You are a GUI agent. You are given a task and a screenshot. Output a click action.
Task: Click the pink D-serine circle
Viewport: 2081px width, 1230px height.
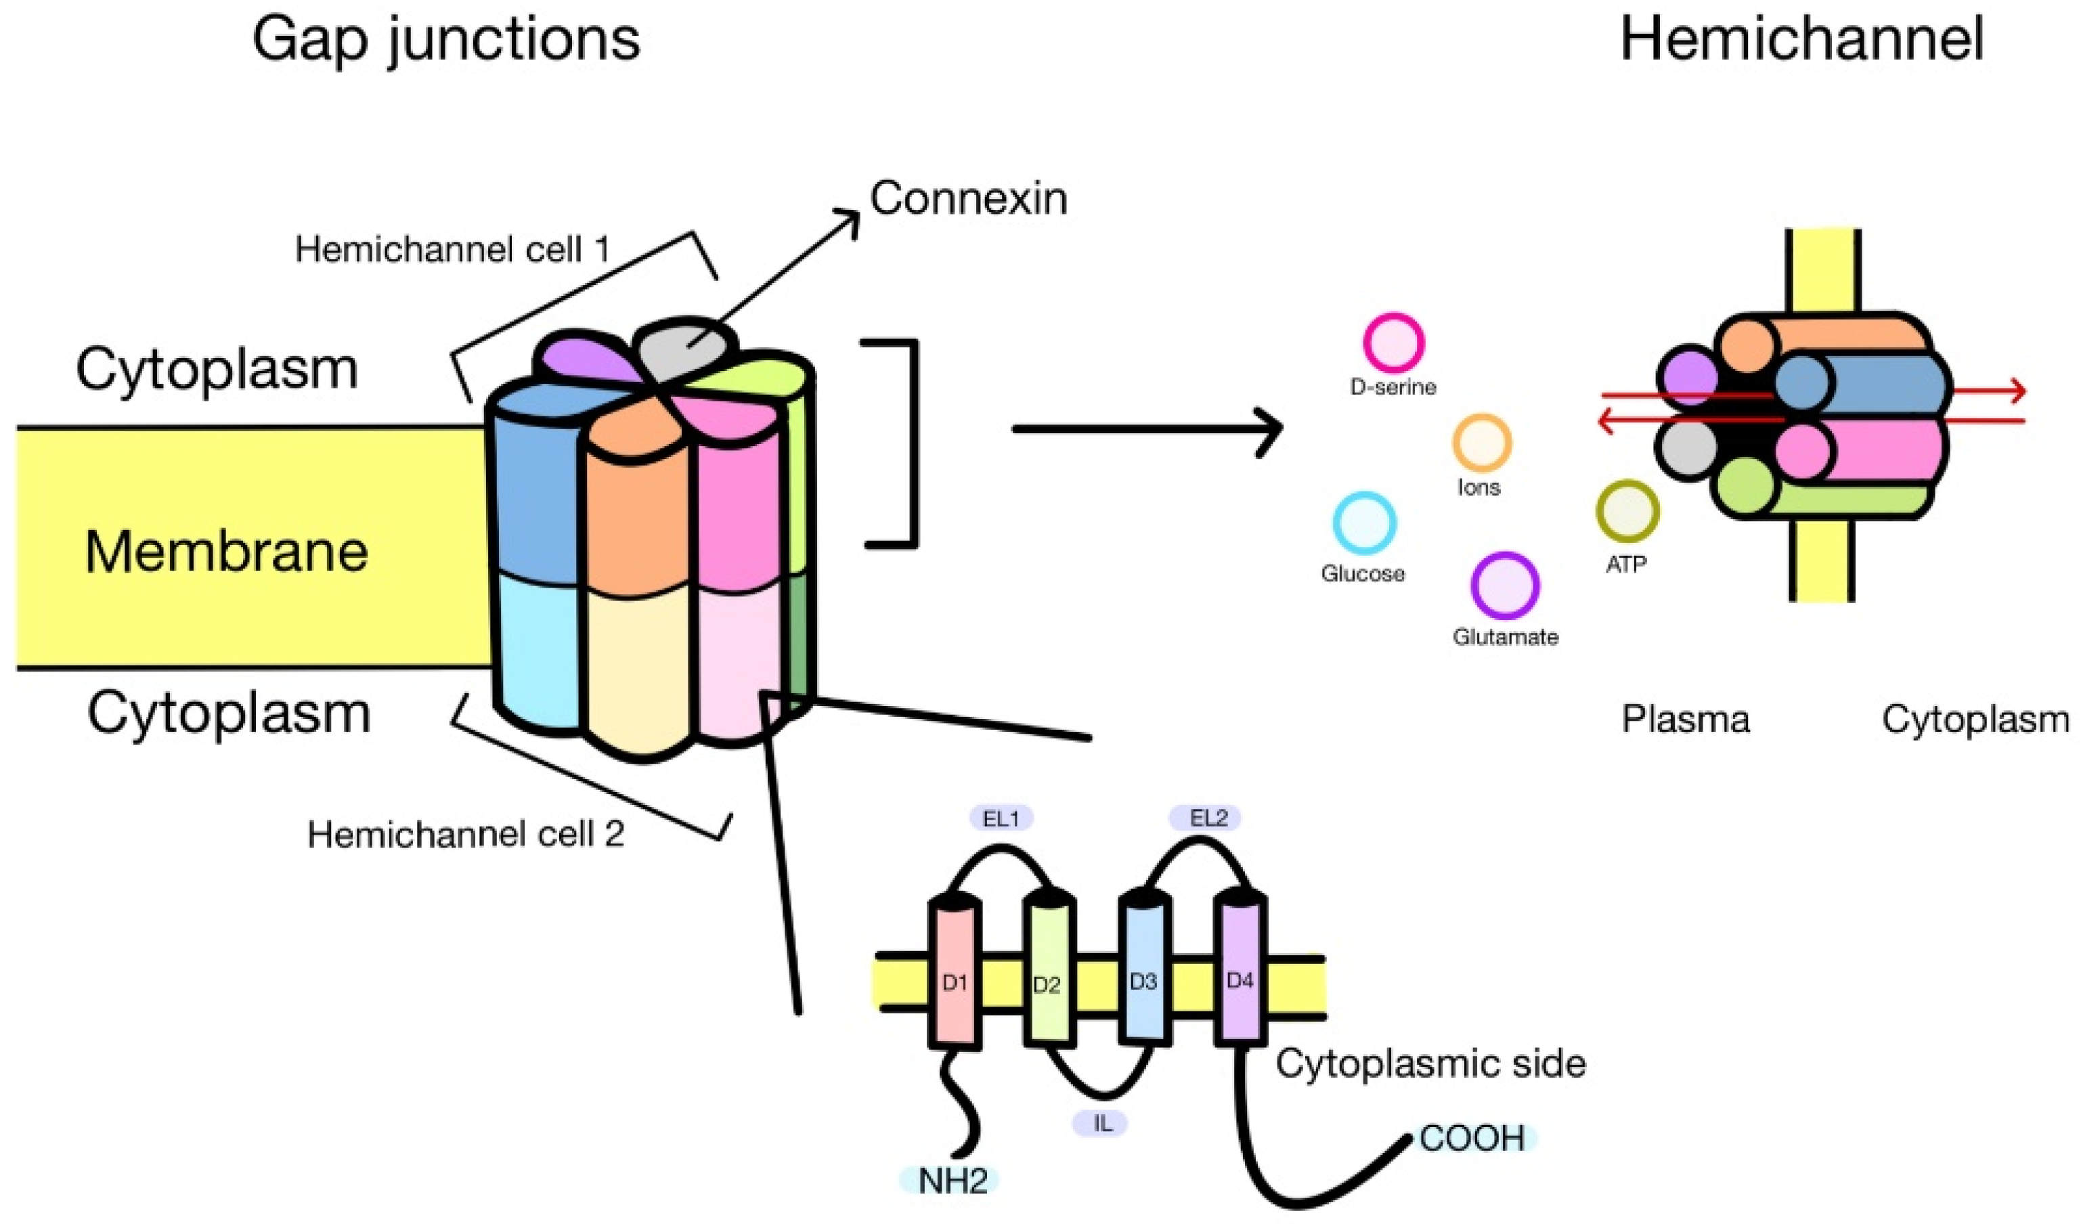(x=1393, y=343)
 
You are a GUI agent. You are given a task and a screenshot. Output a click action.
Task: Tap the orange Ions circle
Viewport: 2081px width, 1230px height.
(x=1482, y=443)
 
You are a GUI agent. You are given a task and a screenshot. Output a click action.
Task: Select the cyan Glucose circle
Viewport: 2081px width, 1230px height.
(x=1364, y=523)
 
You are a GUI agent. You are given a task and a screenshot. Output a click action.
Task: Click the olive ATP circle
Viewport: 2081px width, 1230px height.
(x=1627, y=511)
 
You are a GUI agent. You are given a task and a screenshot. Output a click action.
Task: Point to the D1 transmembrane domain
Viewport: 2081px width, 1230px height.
(x=955, y=982)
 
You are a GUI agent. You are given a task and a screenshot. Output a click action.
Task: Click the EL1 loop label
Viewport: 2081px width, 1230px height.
(x=1001, y=819)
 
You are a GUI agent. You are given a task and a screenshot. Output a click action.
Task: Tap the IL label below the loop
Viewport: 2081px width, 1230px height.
(x=1101, y=1124)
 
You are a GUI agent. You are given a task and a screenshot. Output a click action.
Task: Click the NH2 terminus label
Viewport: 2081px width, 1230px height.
(x=951, y=1181)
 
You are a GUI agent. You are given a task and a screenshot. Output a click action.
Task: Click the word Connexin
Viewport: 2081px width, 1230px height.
(x=968, y=199)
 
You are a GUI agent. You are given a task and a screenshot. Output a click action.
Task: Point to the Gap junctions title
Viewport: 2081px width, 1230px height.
(x=446, y=39)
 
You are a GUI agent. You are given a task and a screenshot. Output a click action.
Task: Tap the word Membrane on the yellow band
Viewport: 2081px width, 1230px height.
(x=226, y=551)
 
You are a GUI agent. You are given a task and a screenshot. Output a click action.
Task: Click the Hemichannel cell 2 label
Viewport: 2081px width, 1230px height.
(x=465, y=835)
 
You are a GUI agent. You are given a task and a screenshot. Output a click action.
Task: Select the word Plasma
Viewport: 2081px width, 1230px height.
(x=1685, y=720)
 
